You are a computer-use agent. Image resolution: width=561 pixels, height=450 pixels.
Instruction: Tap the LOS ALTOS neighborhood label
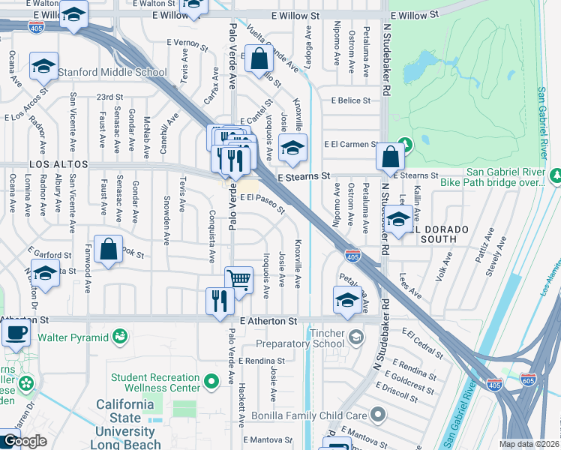[x=58, y=164]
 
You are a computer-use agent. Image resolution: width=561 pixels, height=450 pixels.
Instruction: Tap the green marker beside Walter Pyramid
[x=119, y=335]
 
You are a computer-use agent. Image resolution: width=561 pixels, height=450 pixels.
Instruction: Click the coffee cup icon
[x=16, y=331]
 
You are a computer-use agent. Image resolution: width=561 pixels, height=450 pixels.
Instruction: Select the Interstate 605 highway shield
[x=529, y=382]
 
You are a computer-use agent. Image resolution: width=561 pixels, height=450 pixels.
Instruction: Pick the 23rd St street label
[x=109, y=97]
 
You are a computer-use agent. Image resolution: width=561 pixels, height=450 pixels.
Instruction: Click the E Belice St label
[x=345, y=100]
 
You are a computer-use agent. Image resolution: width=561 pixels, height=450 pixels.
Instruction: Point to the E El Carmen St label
[x=351, y=144]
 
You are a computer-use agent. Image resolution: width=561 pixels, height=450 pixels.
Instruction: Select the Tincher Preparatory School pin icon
[x=355, y=335]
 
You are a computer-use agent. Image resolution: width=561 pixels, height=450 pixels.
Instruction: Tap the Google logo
[x=24, y=441]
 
